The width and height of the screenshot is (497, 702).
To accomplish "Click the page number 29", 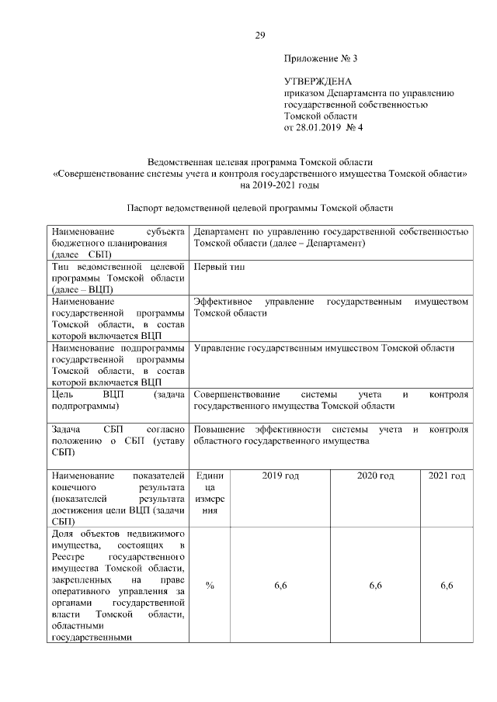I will (x=260, y=34).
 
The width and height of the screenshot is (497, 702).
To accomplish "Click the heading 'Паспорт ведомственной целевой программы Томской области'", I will (x=260, y=208).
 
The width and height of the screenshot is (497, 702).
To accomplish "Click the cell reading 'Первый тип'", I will (x=219, y=266).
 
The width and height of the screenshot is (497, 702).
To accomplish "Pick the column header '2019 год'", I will (x=280, y=475).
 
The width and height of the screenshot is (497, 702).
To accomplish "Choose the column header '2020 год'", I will (x=375, y=475).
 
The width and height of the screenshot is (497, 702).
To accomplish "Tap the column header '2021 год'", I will (x=447, y=475).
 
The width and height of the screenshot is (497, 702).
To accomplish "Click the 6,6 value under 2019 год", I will (x=280, y=586).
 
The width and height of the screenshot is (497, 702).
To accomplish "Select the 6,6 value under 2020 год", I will (x=375, y=586).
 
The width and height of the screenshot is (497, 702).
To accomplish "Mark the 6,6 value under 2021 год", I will (x=447, y=586).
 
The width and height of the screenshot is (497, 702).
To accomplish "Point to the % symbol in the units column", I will (x=210, y=586).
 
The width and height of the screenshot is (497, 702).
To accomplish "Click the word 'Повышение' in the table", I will (x=219, y=429).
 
